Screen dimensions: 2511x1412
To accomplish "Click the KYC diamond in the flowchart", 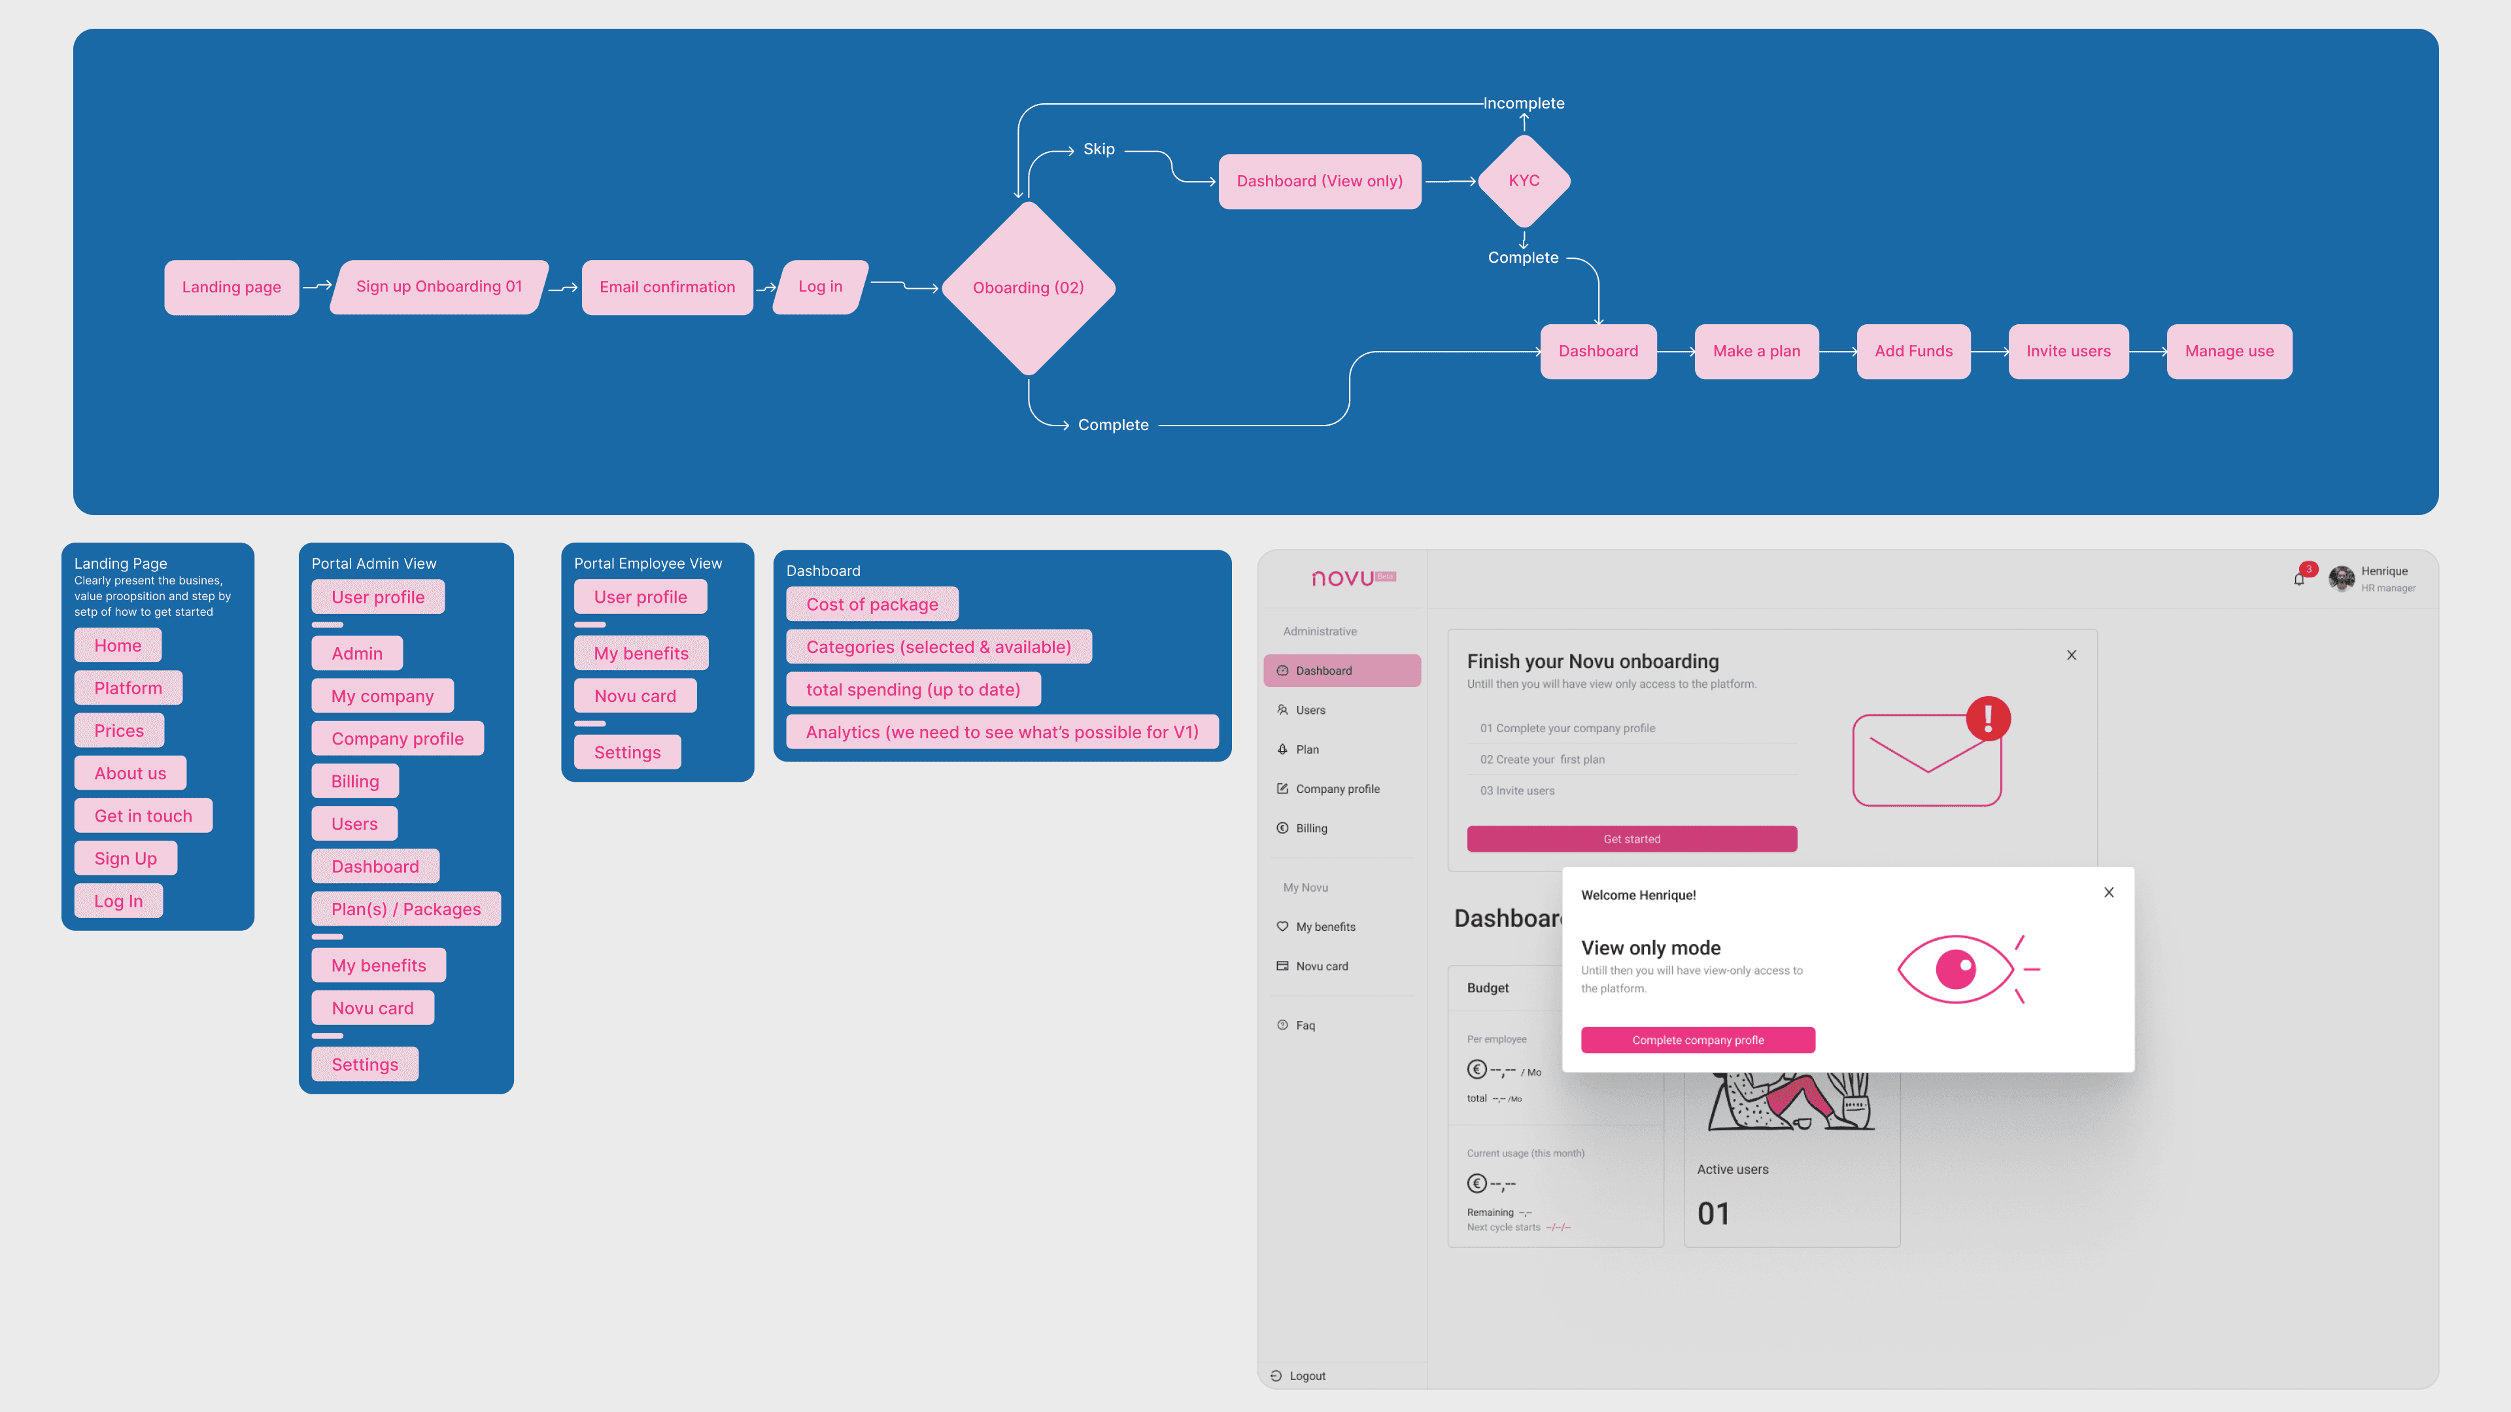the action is (x=1524, y=181).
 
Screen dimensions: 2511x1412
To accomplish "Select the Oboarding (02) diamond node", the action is (x=1029, y=288).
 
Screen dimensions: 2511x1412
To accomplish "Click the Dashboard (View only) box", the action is (x=1319, y=181).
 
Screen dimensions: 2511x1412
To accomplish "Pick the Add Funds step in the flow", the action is (x=1913, y=352).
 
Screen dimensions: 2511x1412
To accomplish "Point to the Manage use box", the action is (x=2229, y=352).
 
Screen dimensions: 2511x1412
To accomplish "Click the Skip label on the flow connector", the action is (x=1099, y=149).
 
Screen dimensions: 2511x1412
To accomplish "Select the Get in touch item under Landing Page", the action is (x=143, y=816).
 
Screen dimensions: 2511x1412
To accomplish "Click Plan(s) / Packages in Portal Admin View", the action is (x=405, y=909).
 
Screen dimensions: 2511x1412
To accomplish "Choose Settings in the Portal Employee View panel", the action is (x=627, y=752).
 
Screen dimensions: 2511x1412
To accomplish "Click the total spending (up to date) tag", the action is (x=912, y=690).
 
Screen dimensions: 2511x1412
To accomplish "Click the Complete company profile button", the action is (x=1697, y=1040).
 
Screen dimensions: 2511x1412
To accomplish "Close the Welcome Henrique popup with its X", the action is (x=2108, y=892).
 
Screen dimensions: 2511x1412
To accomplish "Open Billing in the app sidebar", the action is (x=1311, y=828).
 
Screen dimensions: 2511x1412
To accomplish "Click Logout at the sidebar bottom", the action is (x=1307, y=1376).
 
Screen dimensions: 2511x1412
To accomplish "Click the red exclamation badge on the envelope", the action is (x=1988, y=718).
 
